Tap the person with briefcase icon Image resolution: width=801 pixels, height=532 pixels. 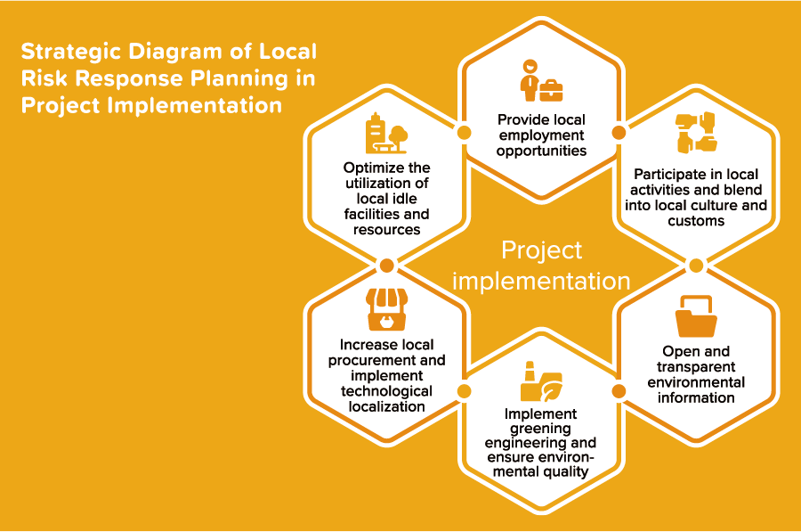[x=541, y=81]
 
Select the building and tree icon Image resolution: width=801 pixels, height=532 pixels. [x=387, y=133]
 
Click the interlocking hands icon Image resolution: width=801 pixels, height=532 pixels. [x=696, y=133]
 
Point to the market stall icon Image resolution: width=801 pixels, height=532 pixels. [x=387, y=309]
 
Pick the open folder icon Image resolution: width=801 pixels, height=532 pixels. [x=696, y=315]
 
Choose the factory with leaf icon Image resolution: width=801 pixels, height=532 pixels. [x=541, y=381]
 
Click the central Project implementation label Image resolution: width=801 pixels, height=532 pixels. [x=541, y=266]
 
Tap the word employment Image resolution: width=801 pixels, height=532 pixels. [x=541, y=135]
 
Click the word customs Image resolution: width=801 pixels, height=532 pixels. [x=696, y=221]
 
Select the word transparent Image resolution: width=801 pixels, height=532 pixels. [x=696, y=367]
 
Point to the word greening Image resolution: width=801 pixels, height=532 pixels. [x=540, y=429]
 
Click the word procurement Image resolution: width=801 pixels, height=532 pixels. [x=372, y=361]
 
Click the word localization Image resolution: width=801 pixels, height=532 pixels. [x=387, y=406]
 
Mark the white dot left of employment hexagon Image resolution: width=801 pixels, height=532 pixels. [x=464, y=133]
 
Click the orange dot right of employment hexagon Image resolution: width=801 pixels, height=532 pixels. [x=619, y=133]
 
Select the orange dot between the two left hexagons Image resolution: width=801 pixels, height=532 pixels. [x=387, y=266]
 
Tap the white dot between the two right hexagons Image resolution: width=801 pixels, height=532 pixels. [x=696, y=266]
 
